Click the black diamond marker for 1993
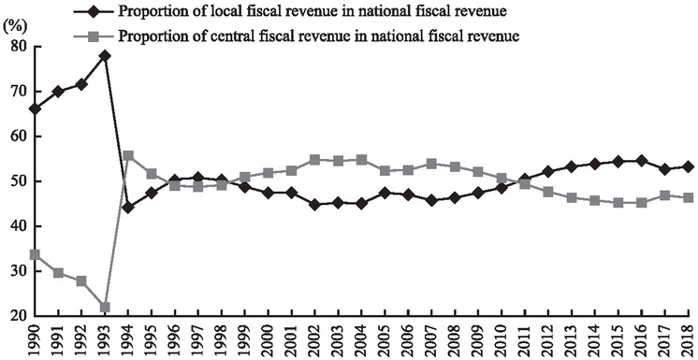(x=104, y=55)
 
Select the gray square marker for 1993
(x=104, y=308)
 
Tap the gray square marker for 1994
(x=128, y=156)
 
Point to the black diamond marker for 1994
(x=128, y=207)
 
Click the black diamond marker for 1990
(x=34, y=108)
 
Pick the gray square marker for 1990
(x=34, y=254)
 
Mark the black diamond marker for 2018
(x=689, y=166)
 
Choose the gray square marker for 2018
(x=689, y=197)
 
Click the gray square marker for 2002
(x=314, y=160)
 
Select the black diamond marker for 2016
(x=642, y=160)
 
